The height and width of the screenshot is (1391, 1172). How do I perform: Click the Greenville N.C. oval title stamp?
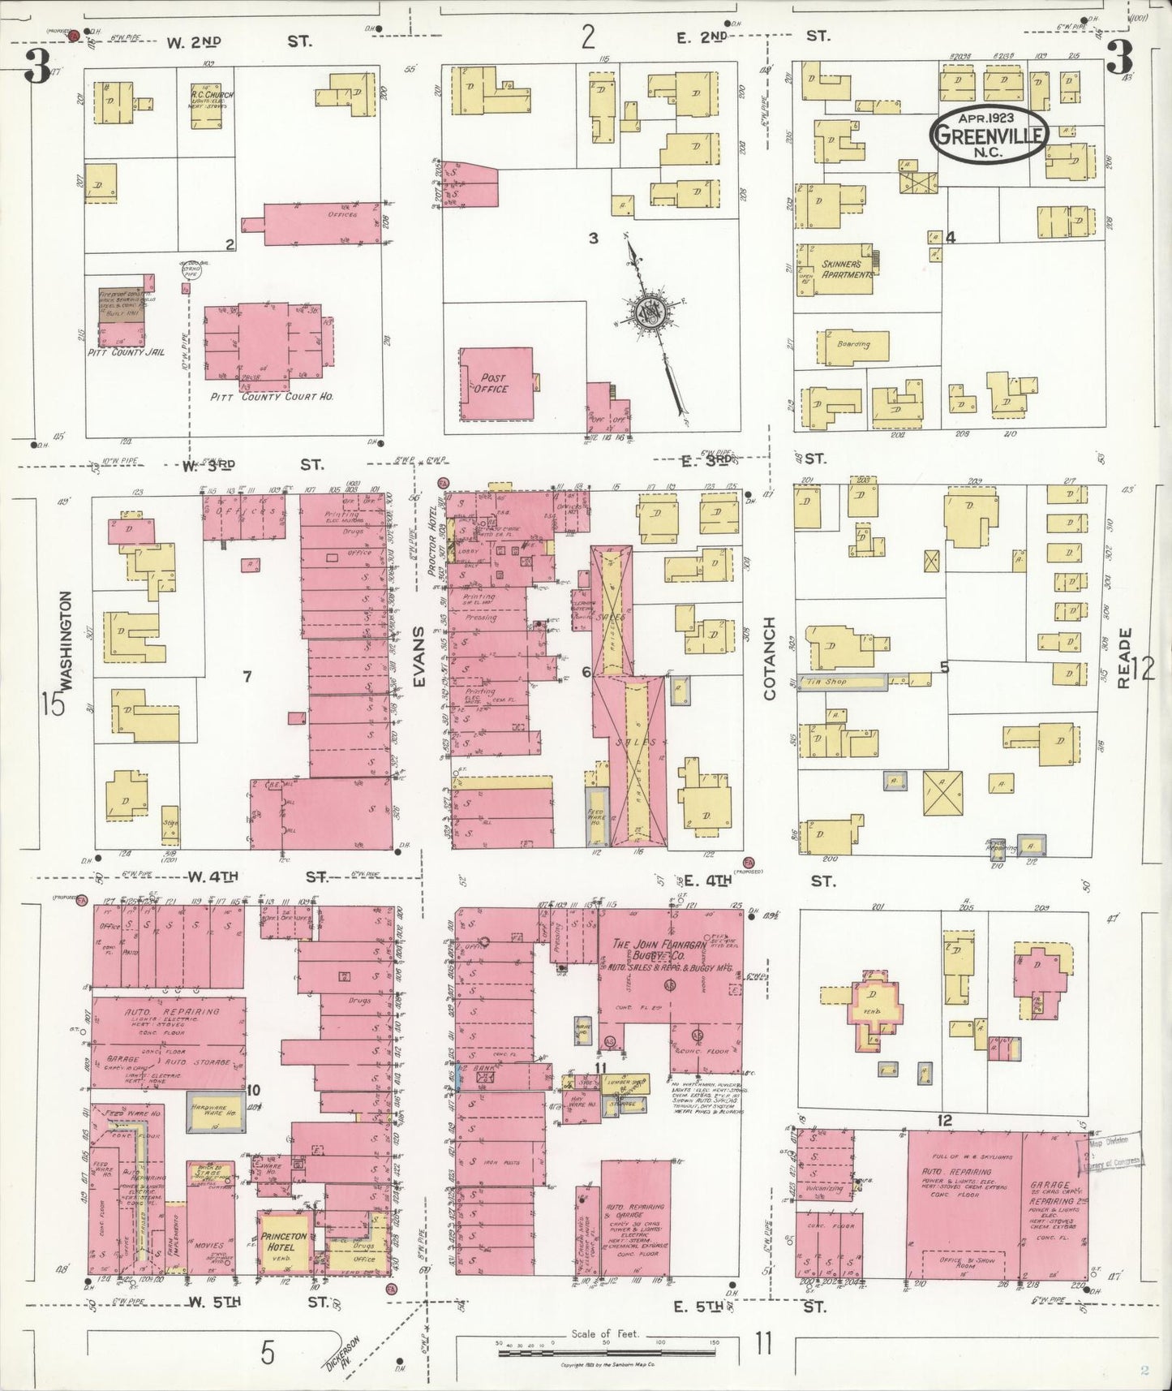[990, 136]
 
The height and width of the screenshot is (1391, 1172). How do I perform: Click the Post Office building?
[496, 384]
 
